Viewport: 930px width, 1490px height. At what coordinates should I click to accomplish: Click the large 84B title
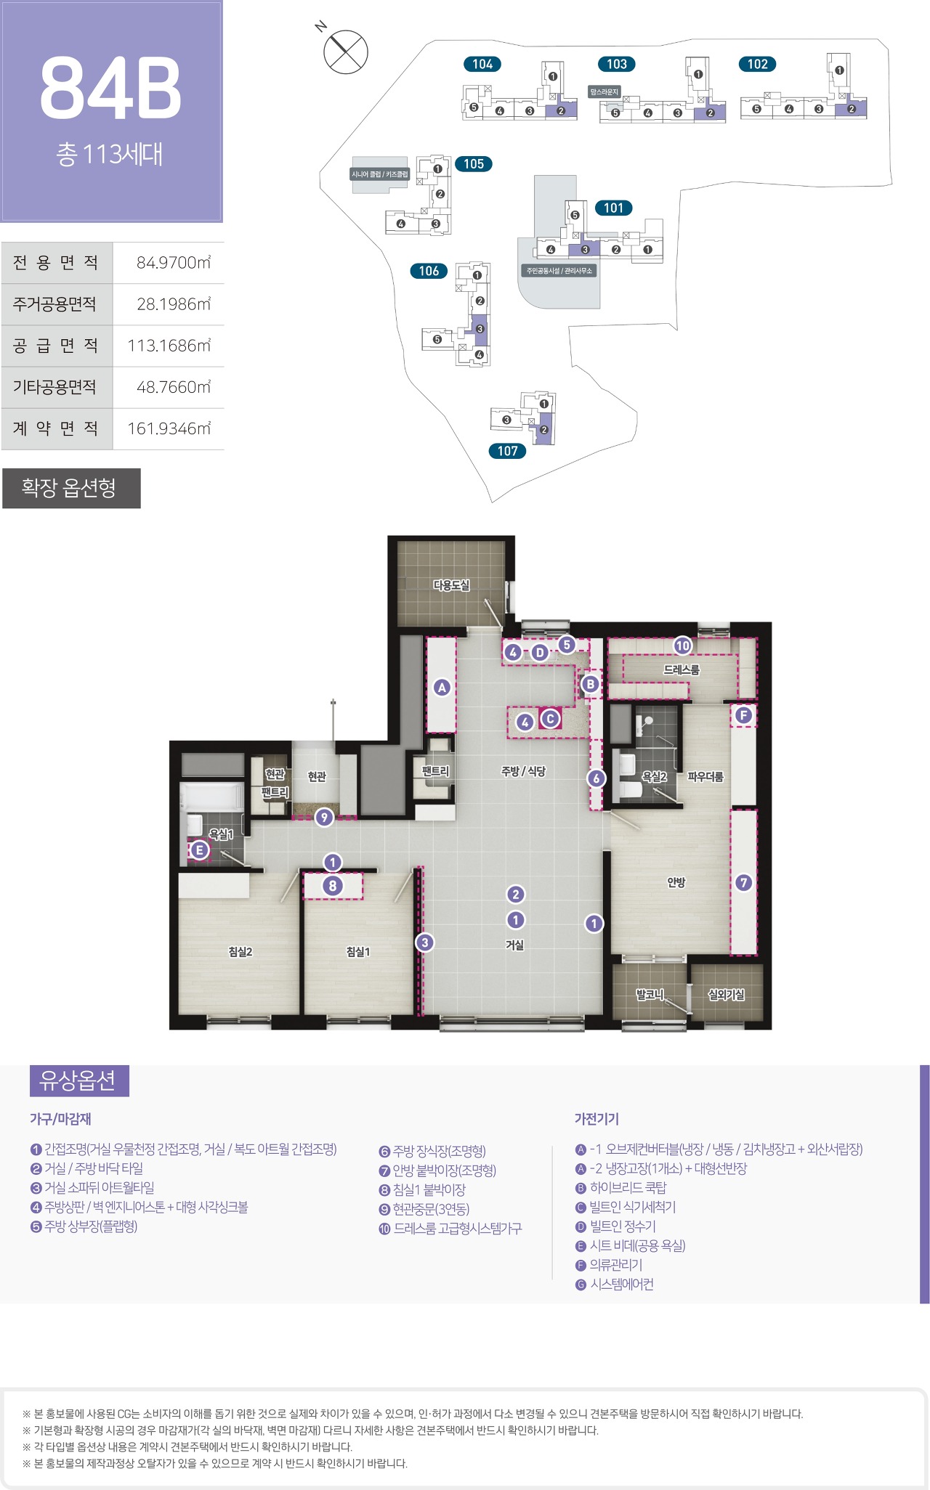tap(110, 88)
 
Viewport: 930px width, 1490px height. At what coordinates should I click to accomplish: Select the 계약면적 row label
tap(56, 428)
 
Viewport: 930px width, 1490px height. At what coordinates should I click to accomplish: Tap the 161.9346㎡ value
tap(169, 428)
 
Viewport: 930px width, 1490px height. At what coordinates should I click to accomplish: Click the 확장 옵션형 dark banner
tap(71, 488)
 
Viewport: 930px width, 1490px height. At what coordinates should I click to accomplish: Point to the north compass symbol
tap(346, 52)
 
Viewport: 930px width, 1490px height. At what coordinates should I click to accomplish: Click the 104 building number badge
tap(482, 64)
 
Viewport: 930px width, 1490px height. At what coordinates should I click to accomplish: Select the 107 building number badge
tap(507, 451)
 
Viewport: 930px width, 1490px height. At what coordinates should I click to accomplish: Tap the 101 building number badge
tap(613, 208)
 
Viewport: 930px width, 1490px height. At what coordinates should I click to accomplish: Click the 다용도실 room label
tap(451, 585)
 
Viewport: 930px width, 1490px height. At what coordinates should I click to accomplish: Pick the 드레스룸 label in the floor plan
tap(681, 669)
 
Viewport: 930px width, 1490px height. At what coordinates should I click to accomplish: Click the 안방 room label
tap(676, 882)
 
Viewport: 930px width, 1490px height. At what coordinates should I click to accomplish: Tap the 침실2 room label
tap(240, 951)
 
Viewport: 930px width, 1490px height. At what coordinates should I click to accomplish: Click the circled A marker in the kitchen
tap(442, 687)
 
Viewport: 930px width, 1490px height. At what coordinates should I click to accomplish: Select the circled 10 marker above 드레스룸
tap(682, 646)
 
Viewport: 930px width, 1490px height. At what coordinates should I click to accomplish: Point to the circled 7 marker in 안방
tap(743, 882)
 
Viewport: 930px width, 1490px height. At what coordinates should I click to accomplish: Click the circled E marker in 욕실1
tap(200, 850)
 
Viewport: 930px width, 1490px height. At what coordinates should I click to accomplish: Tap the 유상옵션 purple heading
tap(78, 1080)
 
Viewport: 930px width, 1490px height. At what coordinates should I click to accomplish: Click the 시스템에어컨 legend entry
tap(621, 1284)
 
